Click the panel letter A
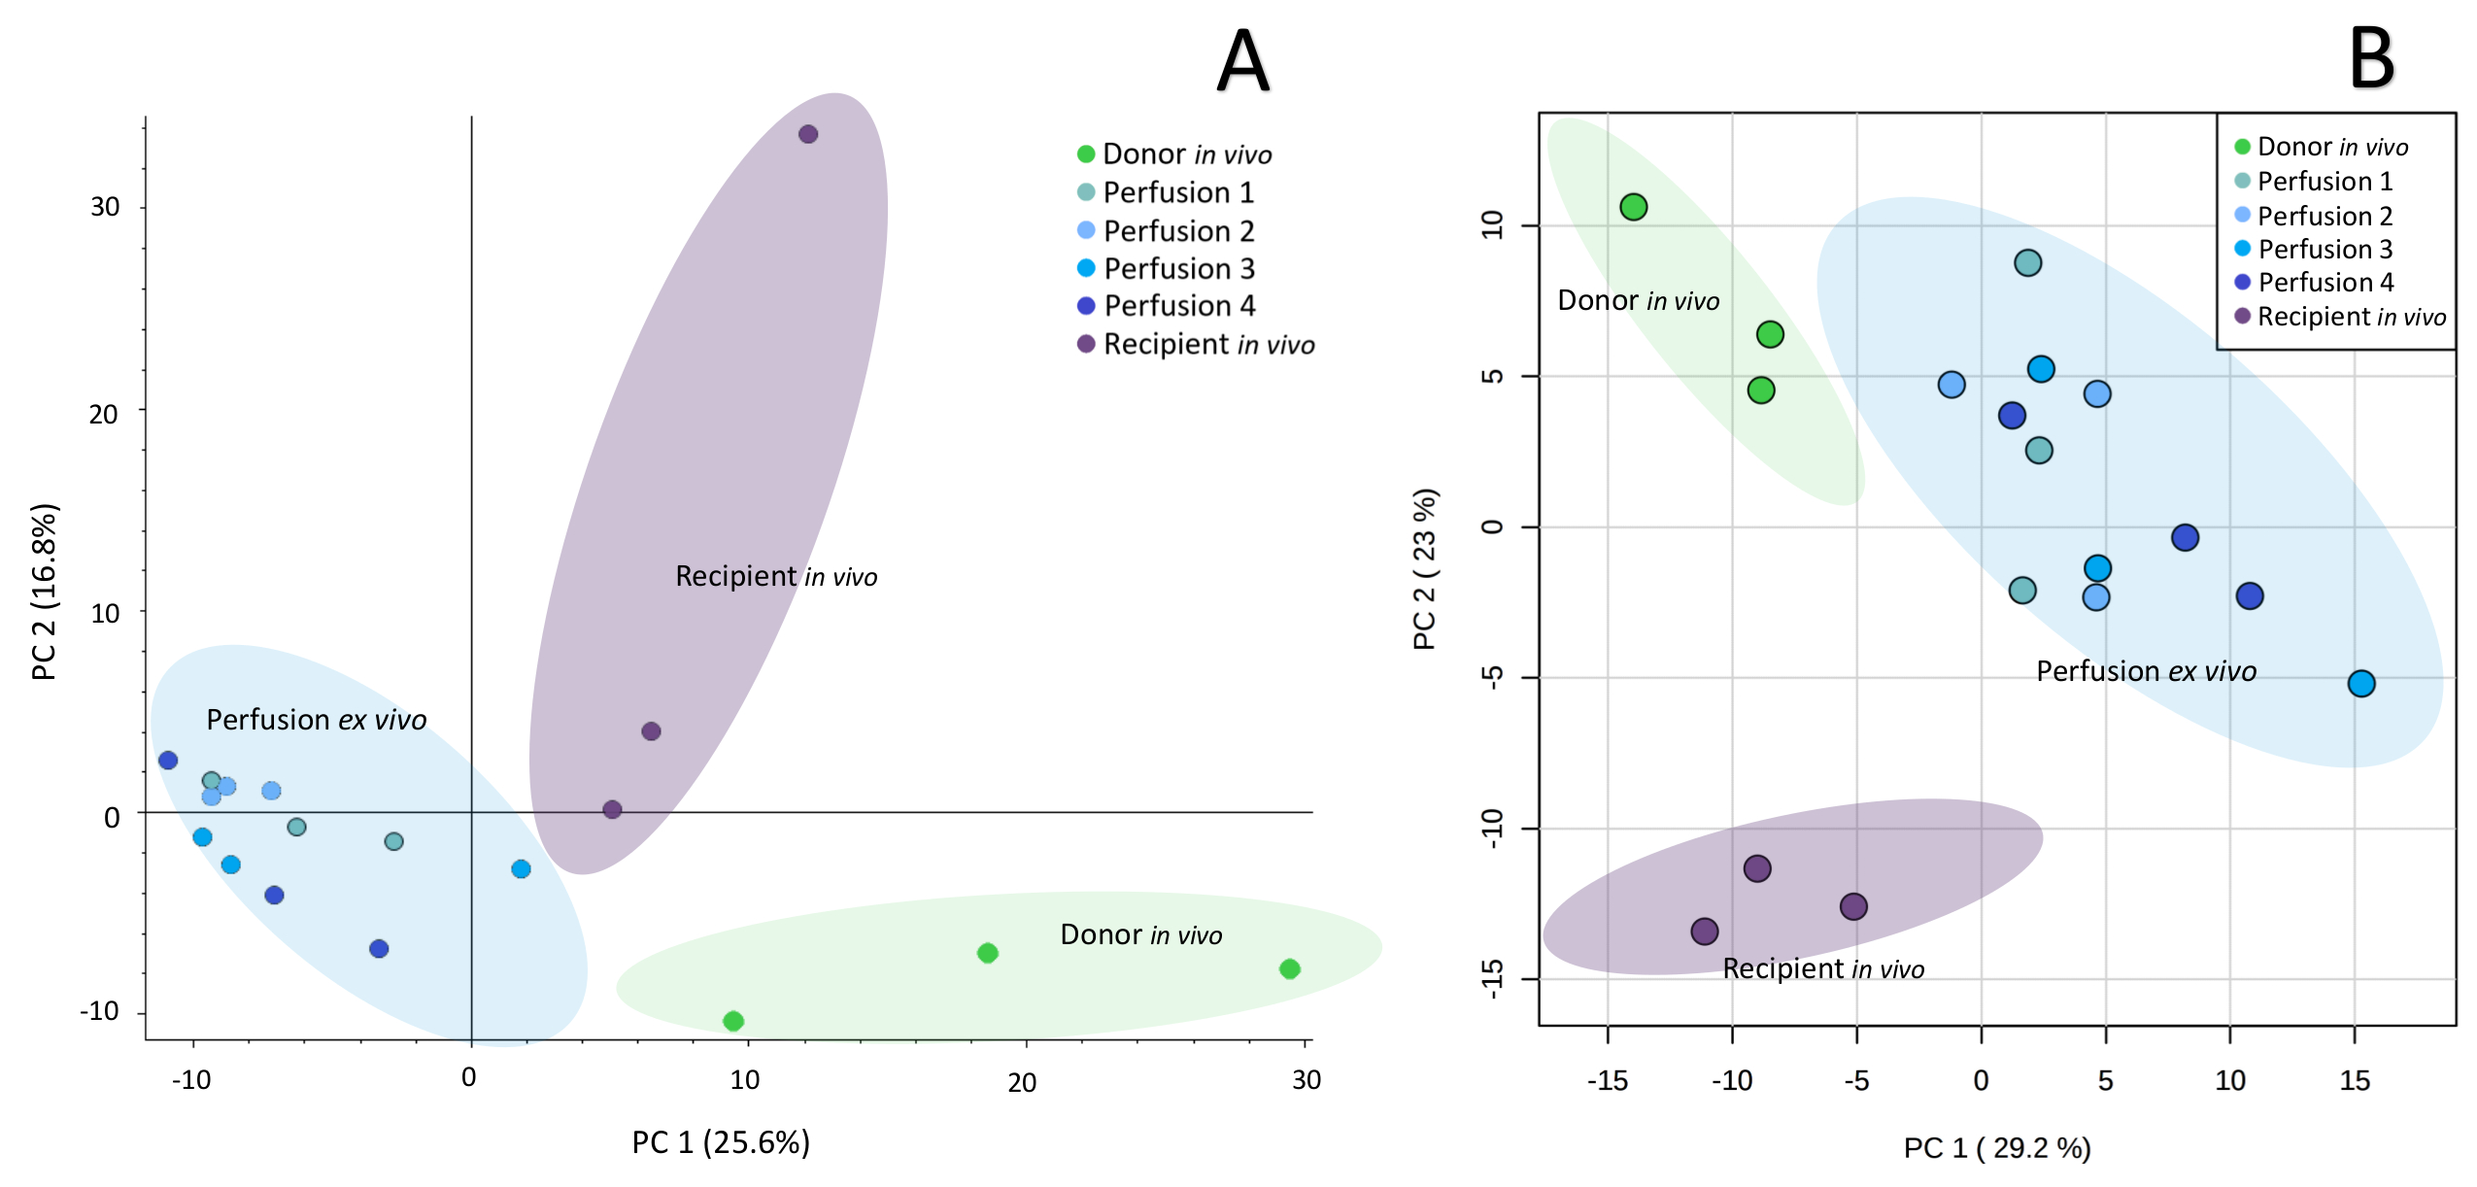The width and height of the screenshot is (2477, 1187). (1242, 60)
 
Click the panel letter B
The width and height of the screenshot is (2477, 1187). (2371, 58)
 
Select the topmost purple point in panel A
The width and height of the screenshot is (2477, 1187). (808, 134)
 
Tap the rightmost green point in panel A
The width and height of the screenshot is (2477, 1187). (1289, 968)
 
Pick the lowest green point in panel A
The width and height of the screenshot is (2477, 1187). (733, 1021)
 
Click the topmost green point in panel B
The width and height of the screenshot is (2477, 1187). (1634, 207)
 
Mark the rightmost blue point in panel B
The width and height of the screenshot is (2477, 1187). (2361, 684)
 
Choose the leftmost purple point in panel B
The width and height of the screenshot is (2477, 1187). (1705, 932)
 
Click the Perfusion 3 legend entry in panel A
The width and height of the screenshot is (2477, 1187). (1166, 268)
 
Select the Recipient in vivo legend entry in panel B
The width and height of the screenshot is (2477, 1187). (2340, 317)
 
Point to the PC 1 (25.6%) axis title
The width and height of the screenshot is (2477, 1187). (721, 1142)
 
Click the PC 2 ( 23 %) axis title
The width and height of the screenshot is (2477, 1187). (1425, 569)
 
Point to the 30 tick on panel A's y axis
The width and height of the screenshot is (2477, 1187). (105, 207)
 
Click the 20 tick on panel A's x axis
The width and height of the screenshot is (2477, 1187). (1022, 1082)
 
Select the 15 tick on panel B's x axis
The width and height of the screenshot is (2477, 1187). (2355, 1080)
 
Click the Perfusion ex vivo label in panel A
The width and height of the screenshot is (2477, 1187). (317, 720)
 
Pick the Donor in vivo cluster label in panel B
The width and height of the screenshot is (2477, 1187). (1638, 301)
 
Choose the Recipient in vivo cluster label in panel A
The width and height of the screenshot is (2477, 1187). (776, 576)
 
